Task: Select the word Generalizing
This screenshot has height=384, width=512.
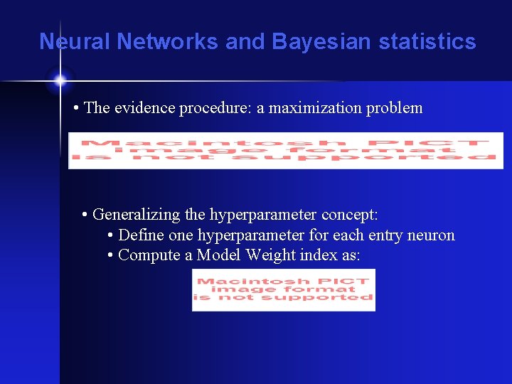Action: [x=136, y=214]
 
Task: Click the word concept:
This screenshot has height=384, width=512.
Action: [x=349, y=214]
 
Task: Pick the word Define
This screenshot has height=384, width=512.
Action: [x=141, y=235]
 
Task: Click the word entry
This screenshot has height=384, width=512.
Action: [x=384, y=235]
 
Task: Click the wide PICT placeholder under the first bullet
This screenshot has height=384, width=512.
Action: [x=285, y=151]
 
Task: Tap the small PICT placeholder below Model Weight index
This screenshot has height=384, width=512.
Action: [x=283, y=289]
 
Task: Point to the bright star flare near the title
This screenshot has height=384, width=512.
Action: [x=60, y=79]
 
